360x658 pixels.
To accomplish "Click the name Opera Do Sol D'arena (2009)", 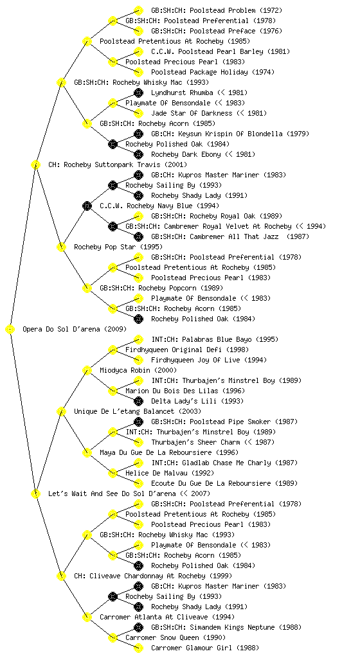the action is pos(75,330).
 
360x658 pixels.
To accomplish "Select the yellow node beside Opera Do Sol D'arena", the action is pos(10,330).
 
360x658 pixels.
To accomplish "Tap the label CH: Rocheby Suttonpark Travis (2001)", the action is pos(118,165).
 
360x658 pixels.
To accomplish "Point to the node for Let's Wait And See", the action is pos(35,494).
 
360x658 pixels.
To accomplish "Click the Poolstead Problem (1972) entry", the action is pos(217,10).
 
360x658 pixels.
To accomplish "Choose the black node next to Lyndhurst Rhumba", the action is pos(138,93).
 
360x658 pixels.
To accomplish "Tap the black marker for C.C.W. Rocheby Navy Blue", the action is pos(87,206).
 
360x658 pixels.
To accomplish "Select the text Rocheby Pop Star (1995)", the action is pos(118,247).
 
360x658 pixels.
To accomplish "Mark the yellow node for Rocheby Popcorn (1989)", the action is pos(87,289).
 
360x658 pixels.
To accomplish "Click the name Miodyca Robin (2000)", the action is pos(138,371).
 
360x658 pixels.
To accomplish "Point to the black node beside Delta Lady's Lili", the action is pos(138,401).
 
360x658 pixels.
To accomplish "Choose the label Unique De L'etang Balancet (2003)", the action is pos(137,412).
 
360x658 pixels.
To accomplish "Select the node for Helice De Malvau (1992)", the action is pos(113,474).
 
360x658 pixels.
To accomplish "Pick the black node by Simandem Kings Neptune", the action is pos(138,627).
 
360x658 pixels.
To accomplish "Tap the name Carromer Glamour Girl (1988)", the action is pos(205,648).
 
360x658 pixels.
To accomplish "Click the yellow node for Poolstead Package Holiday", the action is pos(138,72).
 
